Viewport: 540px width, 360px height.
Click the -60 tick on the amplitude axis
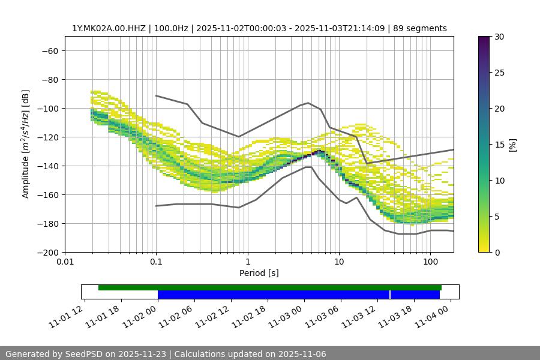click(50, 50)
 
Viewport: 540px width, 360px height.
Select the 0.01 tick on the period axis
click(65, 262)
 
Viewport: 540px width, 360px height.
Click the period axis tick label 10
click(339, 262)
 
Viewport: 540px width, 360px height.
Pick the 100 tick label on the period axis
click(430, 262)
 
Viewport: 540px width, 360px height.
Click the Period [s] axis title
click(259, 273)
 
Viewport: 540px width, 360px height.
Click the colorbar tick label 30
click(499, 37)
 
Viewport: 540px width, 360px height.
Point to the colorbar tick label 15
click(499, 145)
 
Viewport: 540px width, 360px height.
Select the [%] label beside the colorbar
click(512, 145)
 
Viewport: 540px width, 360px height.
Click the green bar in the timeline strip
click(270, 287)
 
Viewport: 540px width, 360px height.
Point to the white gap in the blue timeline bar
click(390, 295)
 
